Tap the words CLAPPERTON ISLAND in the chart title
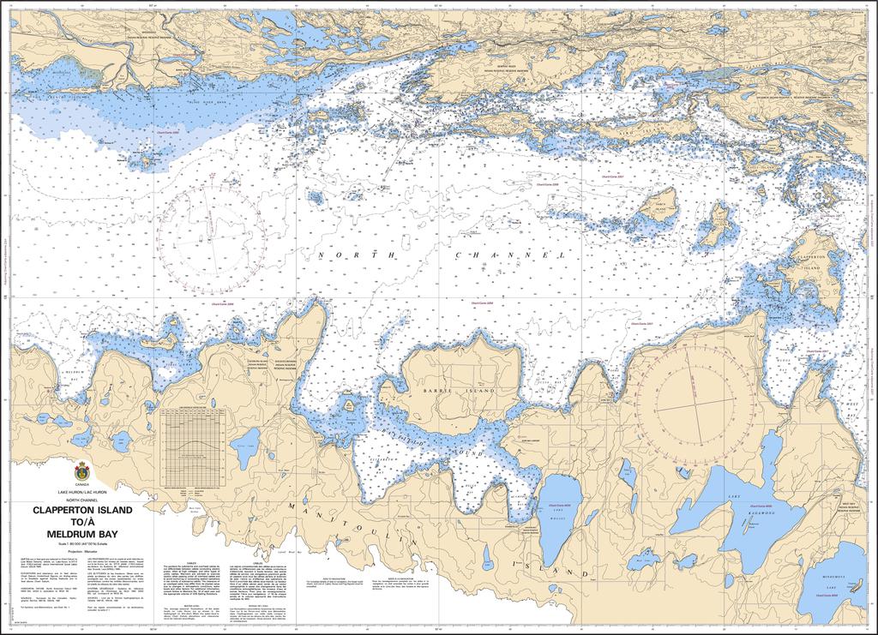tap(82, 510)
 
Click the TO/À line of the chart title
tap(82, 522)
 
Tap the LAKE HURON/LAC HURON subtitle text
tap(82, 492)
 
